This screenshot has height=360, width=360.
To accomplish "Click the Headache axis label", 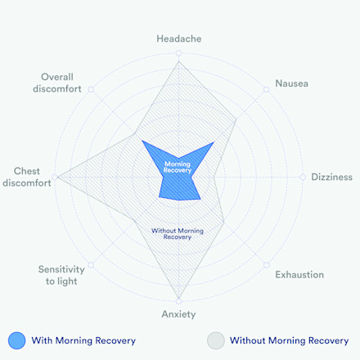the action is point(179,38).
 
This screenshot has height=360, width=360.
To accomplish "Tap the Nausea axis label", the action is point(291,83).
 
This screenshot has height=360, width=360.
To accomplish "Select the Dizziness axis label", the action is point(331,177).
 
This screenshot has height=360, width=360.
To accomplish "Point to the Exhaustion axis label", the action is point(299,275).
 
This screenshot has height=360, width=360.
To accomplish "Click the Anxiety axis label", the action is point(178,314).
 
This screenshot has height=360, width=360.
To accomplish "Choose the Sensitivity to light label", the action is point(61,275).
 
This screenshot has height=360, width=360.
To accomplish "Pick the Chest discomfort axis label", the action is point(27,177).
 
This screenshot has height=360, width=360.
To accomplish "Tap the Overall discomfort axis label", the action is point(57,83).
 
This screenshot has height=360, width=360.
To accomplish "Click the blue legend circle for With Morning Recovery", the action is point(16,340).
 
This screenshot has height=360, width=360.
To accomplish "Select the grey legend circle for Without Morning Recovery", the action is point(216,340).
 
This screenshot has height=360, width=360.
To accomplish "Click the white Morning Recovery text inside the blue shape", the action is point(178,167).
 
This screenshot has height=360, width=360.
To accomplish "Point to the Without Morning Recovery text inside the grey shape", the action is point(178,234).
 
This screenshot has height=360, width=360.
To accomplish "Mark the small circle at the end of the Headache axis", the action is point(178,53).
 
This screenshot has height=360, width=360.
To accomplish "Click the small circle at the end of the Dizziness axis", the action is point(303,178).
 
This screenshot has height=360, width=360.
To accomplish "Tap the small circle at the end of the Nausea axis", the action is point(267,89).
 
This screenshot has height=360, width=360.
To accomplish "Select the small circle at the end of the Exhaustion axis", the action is point(267,265).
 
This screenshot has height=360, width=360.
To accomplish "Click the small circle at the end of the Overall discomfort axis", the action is point(91,89).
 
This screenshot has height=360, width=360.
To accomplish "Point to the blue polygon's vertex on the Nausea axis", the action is point(214,142).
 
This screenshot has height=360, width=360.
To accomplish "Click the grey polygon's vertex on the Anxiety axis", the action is point(178,298).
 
